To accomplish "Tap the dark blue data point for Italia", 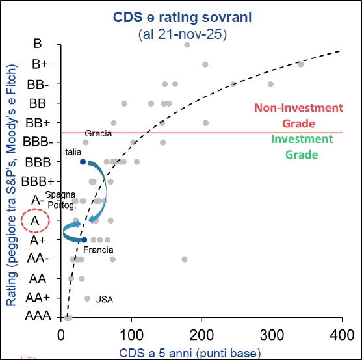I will tap(83, 162).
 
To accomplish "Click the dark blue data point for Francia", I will tap(84, 240).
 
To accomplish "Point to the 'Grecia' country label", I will tap(98, 133).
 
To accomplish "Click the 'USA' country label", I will tap(104, 299).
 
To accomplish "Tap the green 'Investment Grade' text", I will tap(293, 146).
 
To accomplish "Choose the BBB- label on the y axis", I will tap(38, 142).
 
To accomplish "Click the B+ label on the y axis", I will tap(39, 64).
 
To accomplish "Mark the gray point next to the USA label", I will tap(87, 298).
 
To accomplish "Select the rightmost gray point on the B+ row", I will tap(300, 64).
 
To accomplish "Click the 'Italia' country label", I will tap(72, 152).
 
